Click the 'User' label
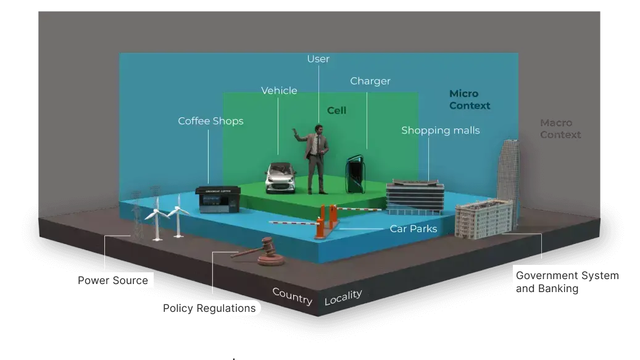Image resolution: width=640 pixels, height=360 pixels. point(318,59)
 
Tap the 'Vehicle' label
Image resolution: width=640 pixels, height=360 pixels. point(279,91)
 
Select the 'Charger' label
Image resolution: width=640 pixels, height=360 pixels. point(370,82)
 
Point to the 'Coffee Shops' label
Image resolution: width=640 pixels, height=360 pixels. point(210,121)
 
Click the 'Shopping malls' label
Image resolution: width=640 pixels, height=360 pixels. point(440,130)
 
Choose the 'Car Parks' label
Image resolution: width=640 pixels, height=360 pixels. point(413,229)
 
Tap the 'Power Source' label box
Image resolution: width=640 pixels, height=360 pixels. point(113,280)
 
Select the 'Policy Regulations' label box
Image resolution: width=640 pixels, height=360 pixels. point(209,308)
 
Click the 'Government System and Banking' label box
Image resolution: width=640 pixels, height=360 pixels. point(568,282)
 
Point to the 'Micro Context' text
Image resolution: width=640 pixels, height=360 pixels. point(470,99)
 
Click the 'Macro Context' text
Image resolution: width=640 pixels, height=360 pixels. point(560,129)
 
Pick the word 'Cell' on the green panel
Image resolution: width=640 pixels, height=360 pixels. point(336,111)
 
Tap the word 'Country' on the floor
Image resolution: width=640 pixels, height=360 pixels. point(292,296)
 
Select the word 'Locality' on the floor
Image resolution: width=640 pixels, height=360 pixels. point(343,297)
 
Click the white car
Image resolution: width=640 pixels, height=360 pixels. point(281,177)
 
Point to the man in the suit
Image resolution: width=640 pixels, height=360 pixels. point(317,157)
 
